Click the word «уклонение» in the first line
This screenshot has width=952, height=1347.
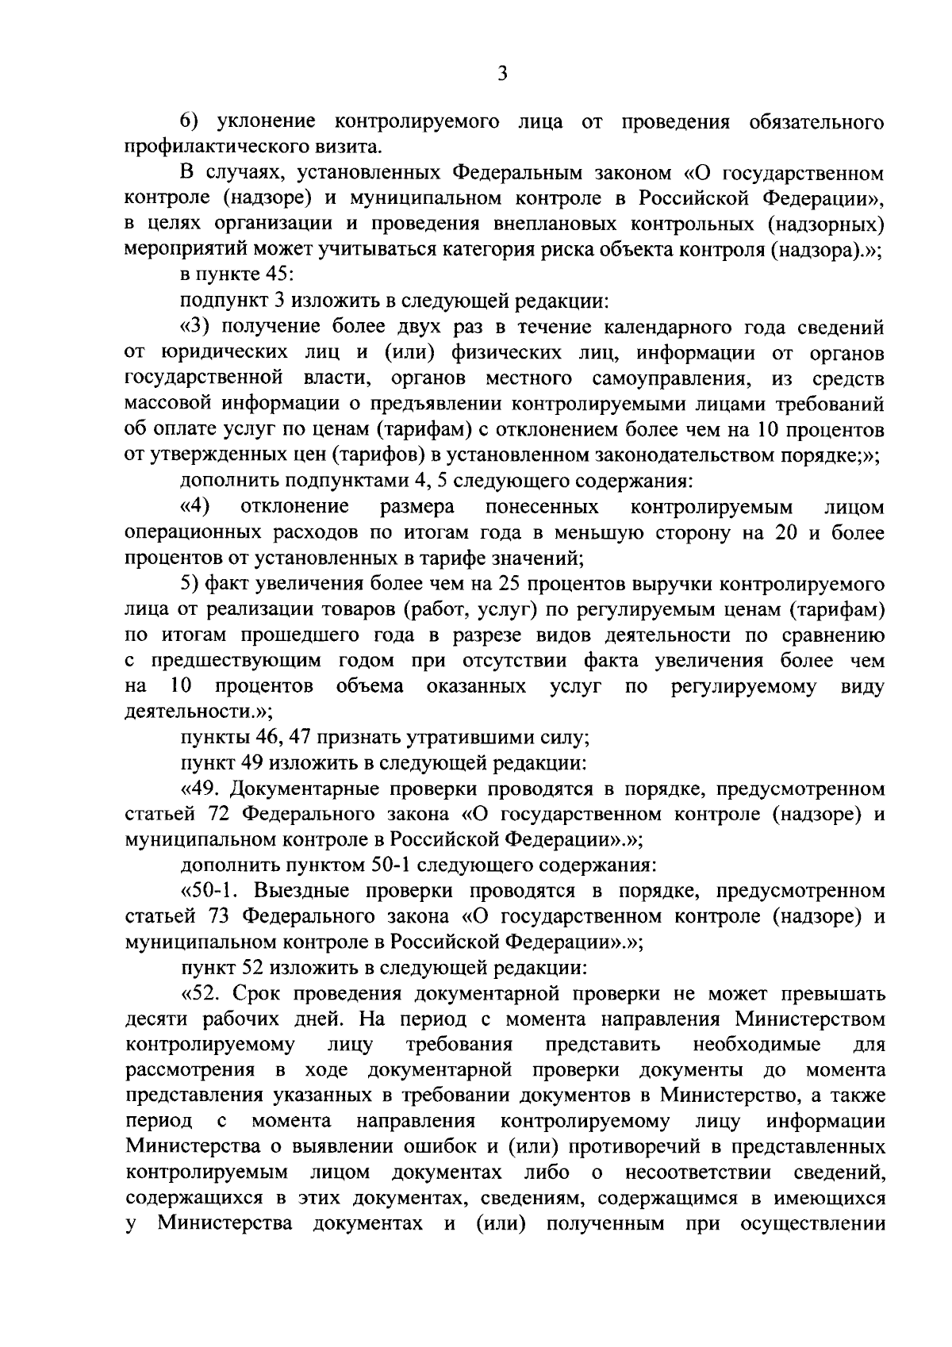pyautogui.click(x=264, y=123)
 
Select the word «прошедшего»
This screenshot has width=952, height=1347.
pyautogui.click(x=338, y=635)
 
